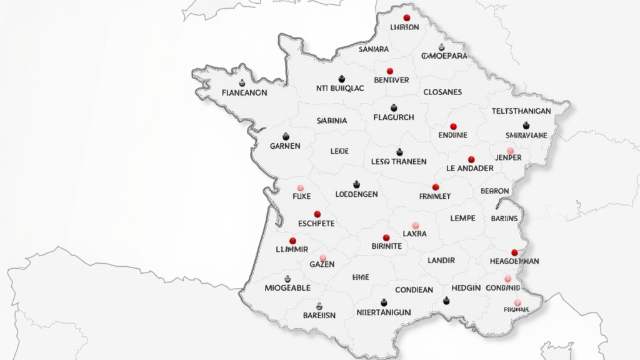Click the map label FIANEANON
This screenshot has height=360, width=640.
244,92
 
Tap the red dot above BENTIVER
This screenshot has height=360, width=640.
390,71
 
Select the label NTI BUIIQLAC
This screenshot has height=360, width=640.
340,89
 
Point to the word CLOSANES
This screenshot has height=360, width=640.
442,92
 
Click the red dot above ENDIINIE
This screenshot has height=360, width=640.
453,126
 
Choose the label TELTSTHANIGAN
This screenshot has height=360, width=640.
521,111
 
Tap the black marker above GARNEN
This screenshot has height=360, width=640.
286,136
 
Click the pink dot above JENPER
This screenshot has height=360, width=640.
510,151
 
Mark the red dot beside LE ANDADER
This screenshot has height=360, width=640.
471,159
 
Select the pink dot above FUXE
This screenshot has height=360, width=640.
301,187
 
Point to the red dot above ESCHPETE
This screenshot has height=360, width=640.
317,214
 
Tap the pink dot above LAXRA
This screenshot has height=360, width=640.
415,225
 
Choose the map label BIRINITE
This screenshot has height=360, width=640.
386,246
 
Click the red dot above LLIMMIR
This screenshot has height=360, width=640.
292,241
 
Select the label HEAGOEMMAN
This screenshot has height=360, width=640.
506,261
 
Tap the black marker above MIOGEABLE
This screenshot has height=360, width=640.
287,279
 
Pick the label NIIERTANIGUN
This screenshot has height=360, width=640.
383,312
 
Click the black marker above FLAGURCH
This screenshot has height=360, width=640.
394,108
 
